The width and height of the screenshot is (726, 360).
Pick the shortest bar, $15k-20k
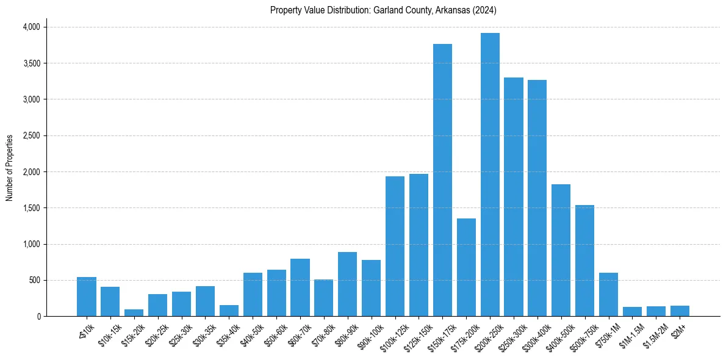point(134,313)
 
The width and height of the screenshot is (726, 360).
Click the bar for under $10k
point(87,297)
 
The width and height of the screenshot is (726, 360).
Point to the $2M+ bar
point(680,311)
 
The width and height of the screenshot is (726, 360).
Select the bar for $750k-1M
point(608,295)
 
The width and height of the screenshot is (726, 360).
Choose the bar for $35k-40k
point(229,311)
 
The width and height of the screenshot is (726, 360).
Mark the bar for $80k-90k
point(347,284)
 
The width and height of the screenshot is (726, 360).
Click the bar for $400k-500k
point(561,250)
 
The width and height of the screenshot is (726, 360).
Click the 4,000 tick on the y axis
point(31,27)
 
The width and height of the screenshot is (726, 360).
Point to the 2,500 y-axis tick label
point(31,135)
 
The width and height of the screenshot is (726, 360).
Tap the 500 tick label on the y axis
point(35,280)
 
